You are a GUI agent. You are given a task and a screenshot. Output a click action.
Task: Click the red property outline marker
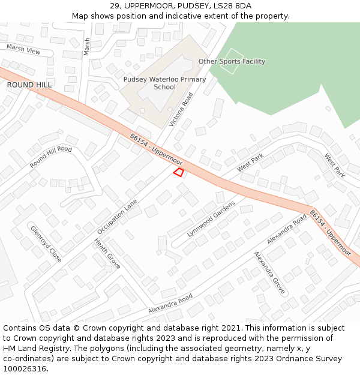click(178, 173)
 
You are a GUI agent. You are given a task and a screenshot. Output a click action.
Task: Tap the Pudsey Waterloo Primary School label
click(164, 83)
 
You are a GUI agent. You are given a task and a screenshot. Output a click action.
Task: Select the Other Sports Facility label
click(232, 61)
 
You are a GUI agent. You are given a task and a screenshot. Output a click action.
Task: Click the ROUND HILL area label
click(29, 85)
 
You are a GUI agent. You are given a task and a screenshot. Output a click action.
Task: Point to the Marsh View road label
click(23, 49)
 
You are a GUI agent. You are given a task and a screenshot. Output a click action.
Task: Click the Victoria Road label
click(181, 109)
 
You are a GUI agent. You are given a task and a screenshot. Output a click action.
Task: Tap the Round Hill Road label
click(51, 157)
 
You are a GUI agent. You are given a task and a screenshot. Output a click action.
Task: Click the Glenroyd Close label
click(46, 244)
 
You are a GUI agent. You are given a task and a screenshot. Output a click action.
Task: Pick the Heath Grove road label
click(107, 253)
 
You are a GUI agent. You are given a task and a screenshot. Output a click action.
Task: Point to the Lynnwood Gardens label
click(211, 219)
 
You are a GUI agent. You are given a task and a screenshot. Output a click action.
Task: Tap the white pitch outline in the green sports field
click(231, 61)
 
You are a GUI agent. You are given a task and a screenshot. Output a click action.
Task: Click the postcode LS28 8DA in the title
click(233, 6)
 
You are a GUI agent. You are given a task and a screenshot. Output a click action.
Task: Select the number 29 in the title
click(115, 6)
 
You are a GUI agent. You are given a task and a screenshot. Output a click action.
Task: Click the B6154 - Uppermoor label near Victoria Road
click(156, 149)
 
